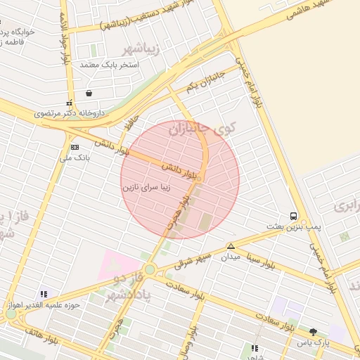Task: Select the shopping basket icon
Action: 89,93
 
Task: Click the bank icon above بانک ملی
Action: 75,146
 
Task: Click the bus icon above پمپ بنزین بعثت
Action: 293,216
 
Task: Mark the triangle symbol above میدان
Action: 231,246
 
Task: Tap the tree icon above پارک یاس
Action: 313,332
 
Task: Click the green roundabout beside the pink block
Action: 150,269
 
